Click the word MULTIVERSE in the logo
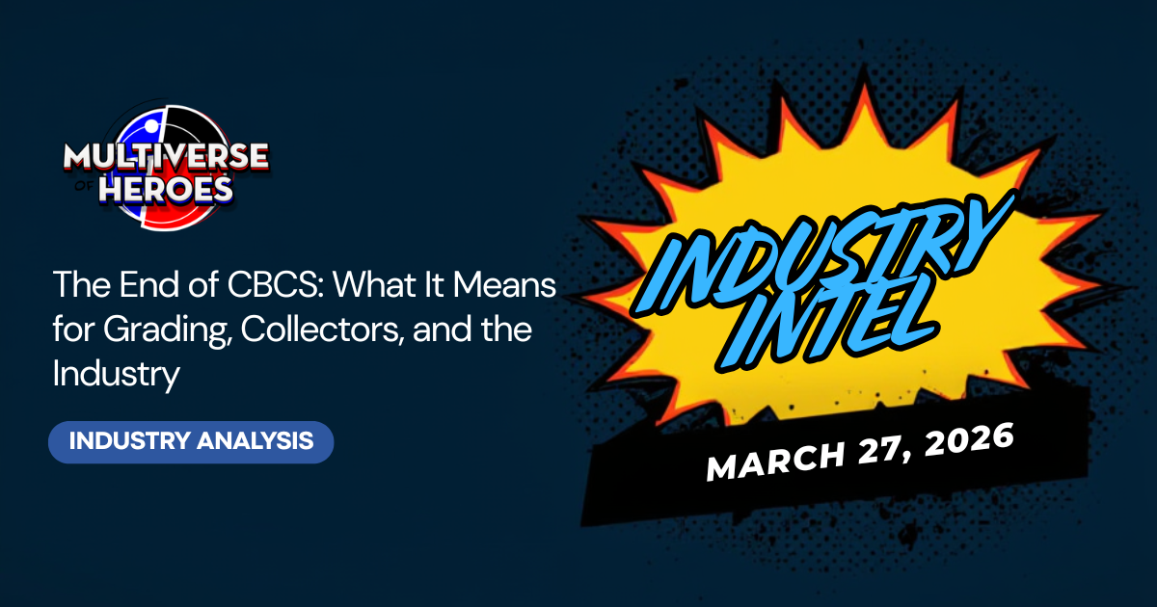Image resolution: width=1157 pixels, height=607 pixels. (x=165, y=157)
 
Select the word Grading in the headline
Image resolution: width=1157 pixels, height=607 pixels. (x=164, y=329)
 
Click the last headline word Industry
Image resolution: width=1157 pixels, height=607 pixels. (x=117, y=373)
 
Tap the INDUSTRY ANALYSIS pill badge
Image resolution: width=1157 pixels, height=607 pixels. (x=191, y=441)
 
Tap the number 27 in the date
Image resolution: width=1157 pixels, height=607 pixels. (x=873, y=448)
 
